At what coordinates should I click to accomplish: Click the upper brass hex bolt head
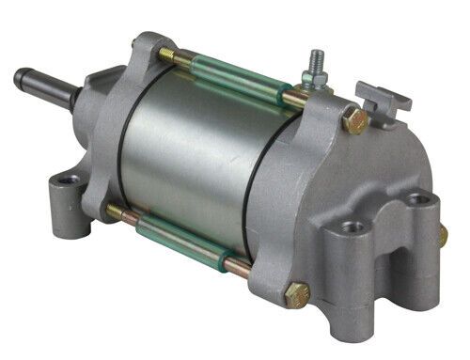point(353,119)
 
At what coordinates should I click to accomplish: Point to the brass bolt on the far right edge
point(442,235)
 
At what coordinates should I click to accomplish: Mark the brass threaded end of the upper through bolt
point(166,55)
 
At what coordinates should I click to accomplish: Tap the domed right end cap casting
point(376,169)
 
